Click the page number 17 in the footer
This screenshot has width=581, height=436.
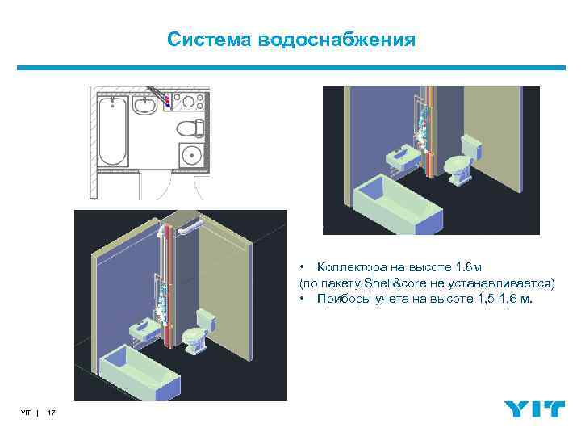(x=52, y=413)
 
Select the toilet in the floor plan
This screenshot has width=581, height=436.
(x=186, y=127)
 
